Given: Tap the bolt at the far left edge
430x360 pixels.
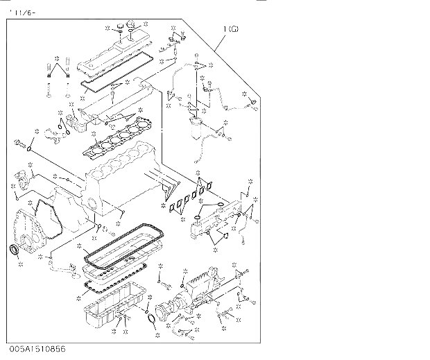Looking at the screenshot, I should click(x=18, y=145).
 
